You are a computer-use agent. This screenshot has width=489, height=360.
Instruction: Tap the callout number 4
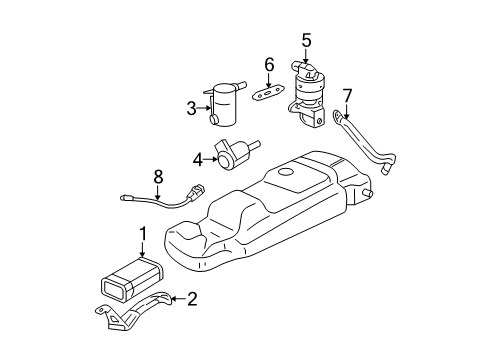[197, 156]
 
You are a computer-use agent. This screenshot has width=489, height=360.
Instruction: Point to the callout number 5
[307, 41]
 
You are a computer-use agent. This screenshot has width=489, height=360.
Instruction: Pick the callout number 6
[268, 65]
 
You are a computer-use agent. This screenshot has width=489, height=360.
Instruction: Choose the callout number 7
[347, 95]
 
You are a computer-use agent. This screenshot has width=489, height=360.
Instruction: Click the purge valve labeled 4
[232, 154]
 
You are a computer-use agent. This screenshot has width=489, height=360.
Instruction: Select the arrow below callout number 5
[307, 56]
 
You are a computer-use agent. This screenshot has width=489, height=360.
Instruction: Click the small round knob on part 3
[215, 121]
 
